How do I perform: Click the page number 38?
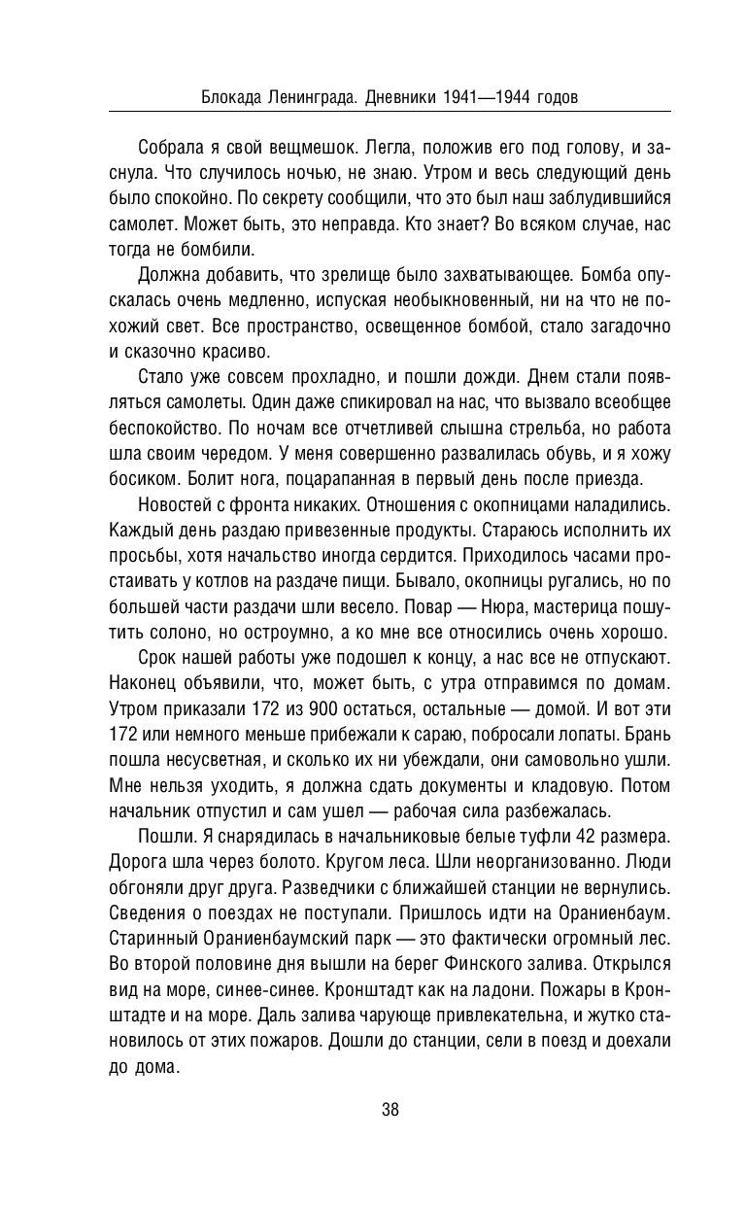390,1110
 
